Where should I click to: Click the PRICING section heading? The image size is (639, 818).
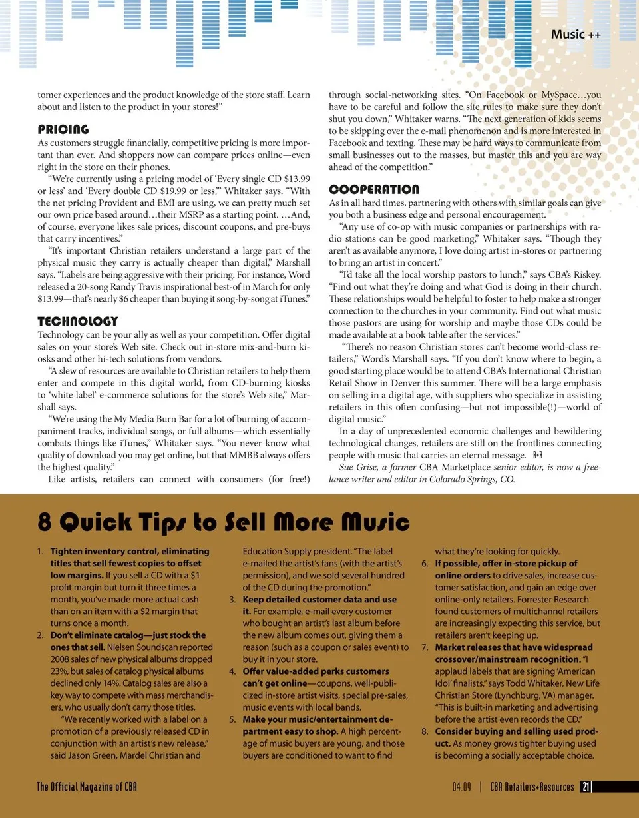[63, 129]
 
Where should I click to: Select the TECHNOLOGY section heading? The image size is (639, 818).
[77, 322]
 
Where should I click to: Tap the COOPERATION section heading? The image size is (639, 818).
[374, 189]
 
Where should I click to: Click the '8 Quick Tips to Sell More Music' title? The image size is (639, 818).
[223, 521]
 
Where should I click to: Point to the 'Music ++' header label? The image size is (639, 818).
[576, 34]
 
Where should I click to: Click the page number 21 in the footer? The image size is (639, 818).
[584, 787]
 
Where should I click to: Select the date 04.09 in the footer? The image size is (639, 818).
[461, 787]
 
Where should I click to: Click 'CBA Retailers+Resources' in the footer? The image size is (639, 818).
[532, 787]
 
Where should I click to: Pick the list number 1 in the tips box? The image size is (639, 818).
[40, 552]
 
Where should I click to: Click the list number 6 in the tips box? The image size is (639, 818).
[425, 564]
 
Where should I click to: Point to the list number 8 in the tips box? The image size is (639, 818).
[425, 731]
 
